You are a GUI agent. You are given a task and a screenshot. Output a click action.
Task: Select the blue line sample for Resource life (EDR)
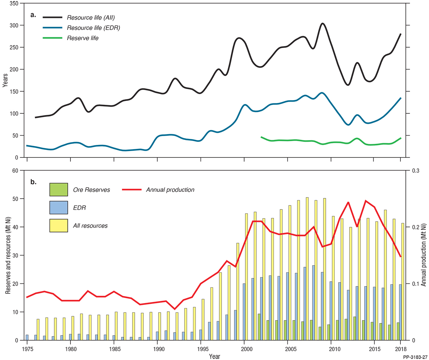point(53,28)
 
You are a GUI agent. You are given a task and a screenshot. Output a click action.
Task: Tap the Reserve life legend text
point(83,38)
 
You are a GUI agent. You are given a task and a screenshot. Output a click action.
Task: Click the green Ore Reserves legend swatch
point(59,190)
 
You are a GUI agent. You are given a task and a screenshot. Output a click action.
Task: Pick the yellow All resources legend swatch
point(59,225)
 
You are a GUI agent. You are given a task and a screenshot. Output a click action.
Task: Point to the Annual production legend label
point(170,190)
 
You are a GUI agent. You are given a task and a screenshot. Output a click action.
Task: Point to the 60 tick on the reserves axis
point(15,171)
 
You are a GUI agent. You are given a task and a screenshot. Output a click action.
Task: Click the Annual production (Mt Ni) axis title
point(424,256)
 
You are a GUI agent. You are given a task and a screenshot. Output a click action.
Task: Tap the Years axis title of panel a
point(5,80)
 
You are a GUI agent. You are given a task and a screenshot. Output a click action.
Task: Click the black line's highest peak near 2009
point(322,23)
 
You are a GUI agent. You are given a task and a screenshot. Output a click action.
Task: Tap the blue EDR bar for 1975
point(27,337)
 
